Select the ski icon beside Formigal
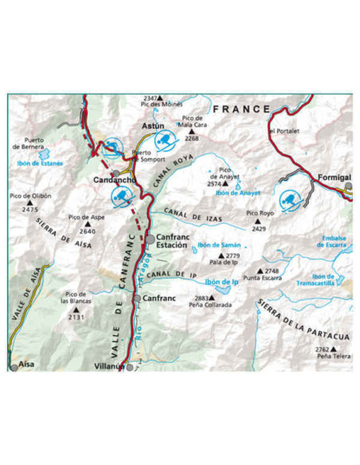click(289, 197)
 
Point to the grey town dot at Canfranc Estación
click(149, 237)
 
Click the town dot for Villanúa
click(129, 367)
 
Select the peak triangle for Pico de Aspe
click(87, 224)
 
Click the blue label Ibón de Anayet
click(234, 193)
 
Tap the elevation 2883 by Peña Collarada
click(202, 298)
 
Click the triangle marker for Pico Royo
click(257, 221)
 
